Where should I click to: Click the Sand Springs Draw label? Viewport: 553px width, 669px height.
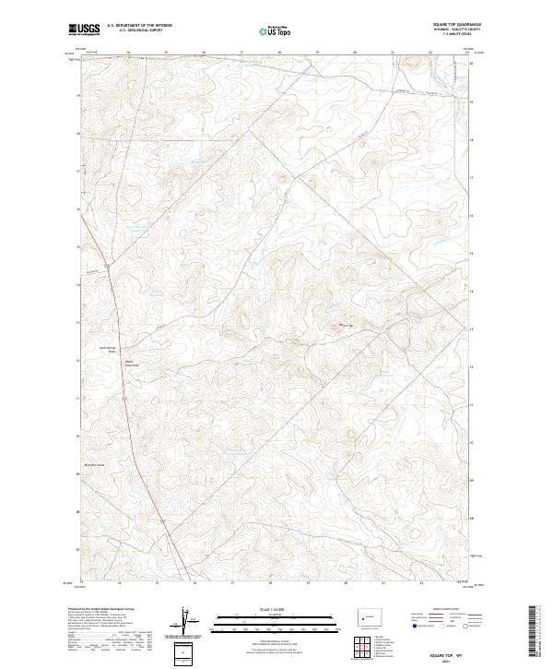coord(108,350)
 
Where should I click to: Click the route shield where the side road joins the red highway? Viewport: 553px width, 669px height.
coord(107,266)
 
